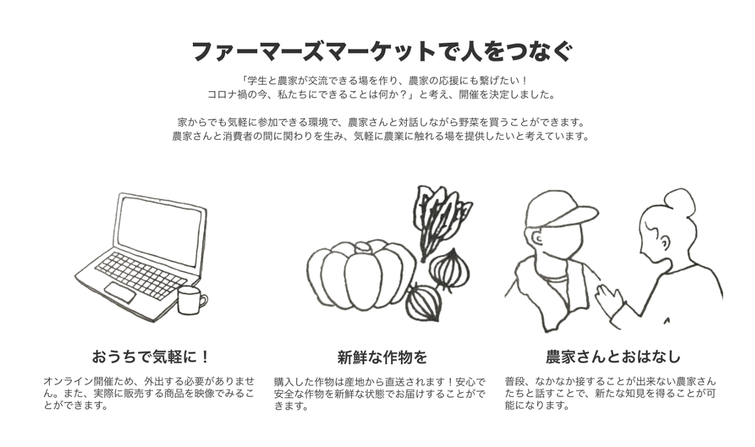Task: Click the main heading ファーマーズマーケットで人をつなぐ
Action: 382,51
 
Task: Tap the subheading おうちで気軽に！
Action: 152,356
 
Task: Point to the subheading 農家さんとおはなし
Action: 613,356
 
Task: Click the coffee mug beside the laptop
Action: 190,301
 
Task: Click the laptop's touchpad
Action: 120,292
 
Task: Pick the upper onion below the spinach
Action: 450,269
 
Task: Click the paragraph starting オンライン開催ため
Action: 149,393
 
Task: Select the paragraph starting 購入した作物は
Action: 380,394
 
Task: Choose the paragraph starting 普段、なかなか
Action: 610,393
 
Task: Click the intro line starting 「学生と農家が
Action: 382,81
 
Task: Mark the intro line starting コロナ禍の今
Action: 382,94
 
